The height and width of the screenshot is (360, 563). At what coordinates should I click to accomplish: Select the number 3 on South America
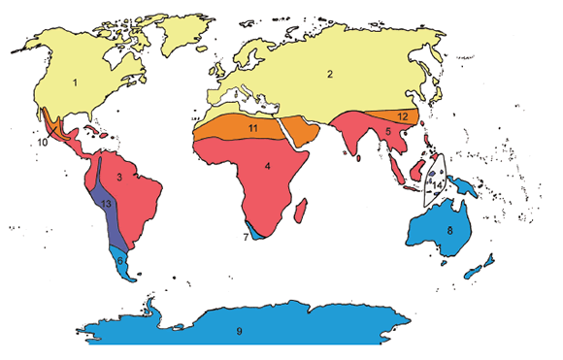point(119,178)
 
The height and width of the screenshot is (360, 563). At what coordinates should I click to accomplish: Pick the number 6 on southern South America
point(119,261)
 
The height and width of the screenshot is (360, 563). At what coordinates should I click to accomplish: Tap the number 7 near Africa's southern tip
point(245,237)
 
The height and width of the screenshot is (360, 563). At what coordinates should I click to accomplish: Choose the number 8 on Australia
point(449,230)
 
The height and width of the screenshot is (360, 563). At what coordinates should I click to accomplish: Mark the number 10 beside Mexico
point(43,143)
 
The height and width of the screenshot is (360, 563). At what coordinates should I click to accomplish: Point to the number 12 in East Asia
point(402,116)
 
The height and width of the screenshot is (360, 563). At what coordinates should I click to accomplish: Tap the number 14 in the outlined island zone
point(439,183)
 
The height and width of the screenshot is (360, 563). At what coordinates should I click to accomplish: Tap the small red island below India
point(359,157)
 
